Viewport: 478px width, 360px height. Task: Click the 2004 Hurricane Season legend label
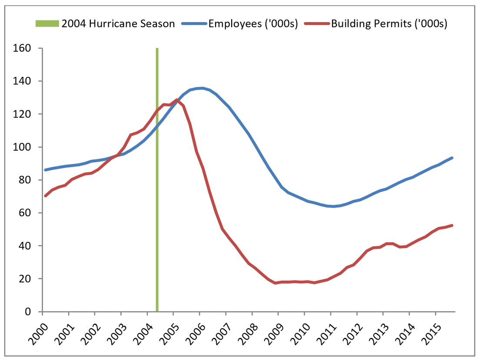(118, 23)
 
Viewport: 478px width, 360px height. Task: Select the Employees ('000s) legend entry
(253, 23)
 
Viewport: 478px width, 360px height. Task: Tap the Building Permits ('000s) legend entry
(389, 23)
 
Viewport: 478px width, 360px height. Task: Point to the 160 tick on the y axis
(27, 48)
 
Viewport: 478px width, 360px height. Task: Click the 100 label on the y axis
(27, 147)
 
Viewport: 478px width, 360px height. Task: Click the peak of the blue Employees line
(202, 88)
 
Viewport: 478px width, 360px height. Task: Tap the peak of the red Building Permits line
(176, 100)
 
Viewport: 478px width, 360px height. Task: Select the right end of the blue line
(452, 158)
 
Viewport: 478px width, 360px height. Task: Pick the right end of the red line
(452, 225)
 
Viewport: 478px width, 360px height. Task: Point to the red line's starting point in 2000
(45, 196)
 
